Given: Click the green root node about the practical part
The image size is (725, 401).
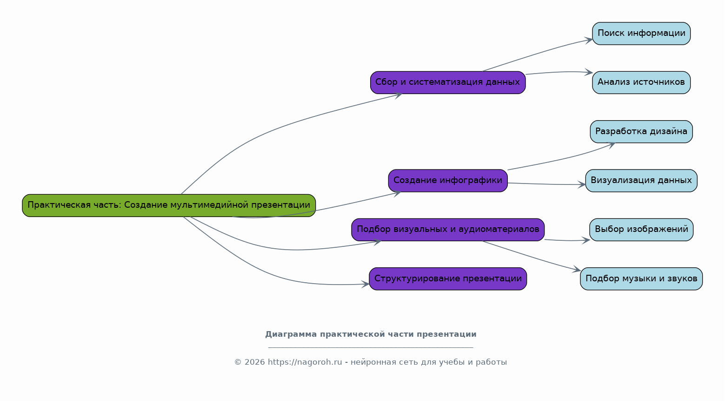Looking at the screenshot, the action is click(169, 205).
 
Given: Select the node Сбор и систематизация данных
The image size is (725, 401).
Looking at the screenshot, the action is click(448, 82).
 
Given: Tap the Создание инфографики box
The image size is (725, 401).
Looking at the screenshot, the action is click(448, 181).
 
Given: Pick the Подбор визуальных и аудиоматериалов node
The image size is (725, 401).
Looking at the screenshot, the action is click(448, 230).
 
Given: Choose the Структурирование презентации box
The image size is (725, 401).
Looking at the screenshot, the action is click(448, 279).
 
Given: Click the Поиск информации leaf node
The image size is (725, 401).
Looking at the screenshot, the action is click(641, 34).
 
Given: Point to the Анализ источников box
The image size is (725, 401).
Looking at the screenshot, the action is click(641, 82).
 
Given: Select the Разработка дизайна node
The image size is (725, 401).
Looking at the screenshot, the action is click(641, 132).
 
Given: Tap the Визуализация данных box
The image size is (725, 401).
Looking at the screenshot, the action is click(641, 181).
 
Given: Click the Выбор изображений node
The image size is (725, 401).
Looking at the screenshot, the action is click(641, 230).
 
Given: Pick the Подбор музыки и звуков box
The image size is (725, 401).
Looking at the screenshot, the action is click(641, 279).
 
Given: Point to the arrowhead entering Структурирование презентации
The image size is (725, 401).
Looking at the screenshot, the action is click(365, 284).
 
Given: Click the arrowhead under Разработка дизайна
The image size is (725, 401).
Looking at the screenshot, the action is click(611, 145).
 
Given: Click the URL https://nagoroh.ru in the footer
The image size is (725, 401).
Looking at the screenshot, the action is click(305, 362).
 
